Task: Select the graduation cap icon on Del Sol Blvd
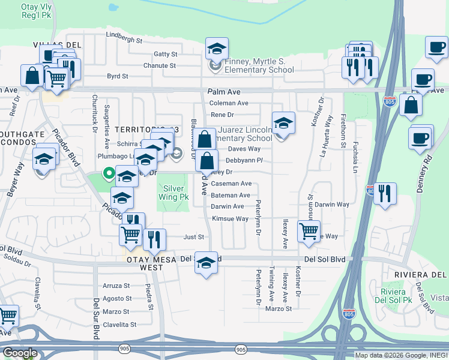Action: click(206, 263)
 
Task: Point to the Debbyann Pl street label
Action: click(244, 160)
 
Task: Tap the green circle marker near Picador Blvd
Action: click(109, 174)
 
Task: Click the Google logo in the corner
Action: click(19, 353)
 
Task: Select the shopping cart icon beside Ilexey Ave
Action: click(309, 230)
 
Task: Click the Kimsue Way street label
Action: click(230, 218)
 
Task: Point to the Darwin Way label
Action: click(332, 205)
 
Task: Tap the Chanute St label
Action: click(159, 65)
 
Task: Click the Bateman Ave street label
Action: click(231, 195)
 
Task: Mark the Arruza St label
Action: click(116, 286)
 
